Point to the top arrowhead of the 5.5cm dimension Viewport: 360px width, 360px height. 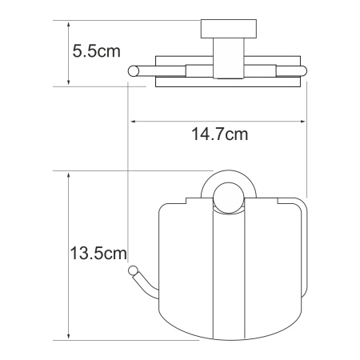tap(70, 24)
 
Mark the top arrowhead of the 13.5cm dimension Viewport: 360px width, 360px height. tap(70, 174)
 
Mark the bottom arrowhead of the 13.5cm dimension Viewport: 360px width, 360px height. tap(70, 336)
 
